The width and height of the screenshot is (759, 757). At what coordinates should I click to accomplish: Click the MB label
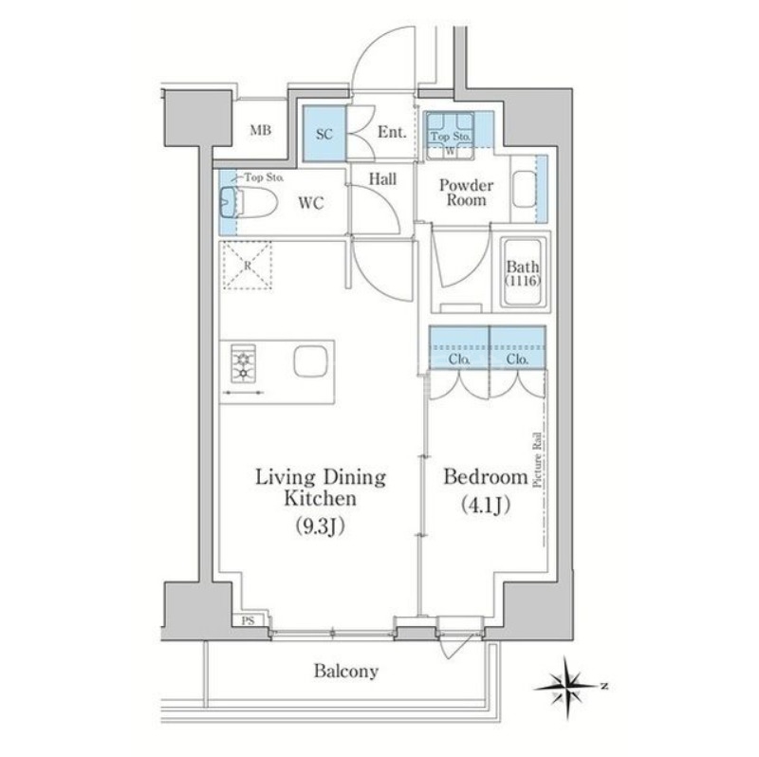261,131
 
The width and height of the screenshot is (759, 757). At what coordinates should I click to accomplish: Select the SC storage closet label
323,134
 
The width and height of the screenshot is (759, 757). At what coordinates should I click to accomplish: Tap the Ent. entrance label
392,134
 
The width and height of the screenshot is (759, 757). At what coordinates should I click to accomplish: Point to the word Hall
382,177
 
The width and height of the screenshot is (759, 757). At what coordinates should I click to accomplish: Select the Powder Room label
462,193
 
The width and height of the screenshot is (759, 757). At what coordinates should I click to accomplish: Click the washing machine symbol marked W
450,148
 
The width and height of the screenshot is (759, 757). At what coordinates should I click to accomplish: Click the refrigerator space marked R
248,266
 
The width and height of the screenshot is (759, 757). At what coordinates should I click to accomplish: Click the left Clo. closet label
458,360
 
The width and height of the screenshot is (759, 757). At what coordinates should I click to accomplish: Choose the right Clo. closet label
517,360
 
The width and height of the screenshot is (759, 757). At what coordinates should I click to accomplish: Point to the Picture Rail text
536,460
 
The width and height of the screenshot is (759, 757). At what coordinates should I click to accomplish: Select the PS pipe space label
247,621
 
